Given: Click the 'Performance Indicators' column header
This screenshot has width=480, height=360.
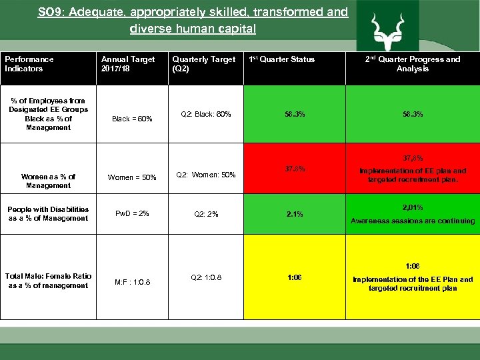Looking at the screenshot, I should (29, 64).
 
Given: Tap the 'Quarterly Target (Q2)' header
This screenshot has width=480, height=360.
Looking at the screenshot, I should (203, 64).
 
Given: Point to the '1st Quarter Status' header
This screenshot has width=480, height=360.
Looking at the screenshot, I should (281, 59).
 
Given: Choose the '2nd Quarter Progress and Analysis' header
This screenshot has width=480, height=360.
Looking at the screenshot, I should (412, 64).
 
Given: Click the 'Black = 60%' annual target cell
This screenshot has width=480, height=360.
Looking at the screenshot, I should (132, 119).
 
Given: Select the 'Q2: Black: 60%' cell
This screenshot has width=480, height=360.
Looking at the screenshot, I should (206, 114).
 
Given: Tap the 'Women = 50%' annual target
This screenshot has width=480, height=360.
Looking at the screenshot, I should (132, 177).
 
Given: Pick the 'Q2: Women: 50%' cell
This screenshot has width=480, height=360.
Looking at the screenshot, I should (206, 175).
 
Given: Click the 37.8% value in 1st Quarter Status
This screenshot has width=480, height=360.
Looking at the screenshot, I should (294, 169).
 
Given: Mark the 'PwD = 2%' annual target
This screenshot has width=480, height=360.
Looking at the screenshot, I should (132, 213).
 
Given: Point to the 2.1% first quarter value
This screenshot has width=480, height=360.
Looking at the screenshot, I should (294, 214).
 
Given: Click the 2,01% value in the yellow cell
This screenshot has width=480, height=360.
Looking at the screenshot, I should (412, 207).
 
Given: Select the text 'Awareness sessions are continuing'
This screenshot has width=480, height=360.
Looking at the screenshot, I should (412, 221).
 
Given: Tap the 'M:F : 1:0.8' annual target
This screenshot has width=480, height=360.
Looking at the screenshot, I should (131, 281).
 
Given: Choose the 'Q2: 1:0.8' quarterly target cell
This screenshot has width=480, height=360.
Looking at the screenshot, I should (206, 277).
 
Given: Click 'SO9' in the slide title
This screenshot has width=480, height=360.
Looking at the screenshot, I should (51, 12).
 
